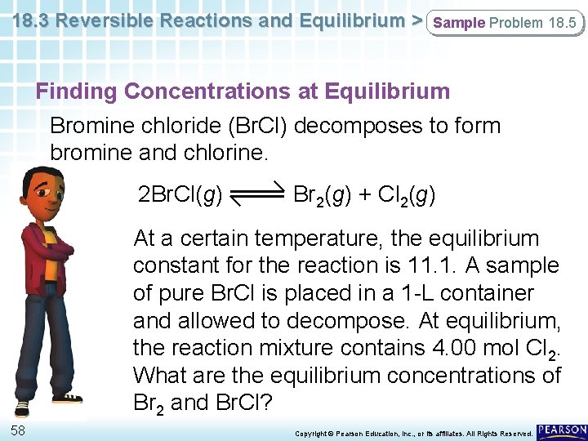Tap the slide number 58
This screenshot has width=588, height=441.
point(17,430)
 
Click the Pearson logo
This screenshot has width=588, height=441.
point(563,430)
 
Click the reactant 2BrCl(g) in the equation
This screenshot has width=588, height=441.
point(180,195)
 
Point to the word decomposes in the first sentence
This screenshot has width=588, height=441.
point(344,127)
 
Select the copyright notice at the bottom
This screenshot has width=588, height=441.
point(413,432)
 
